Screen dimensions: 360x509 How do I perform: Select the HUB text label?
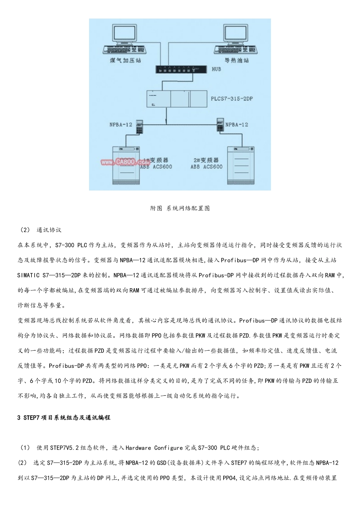[216, 69]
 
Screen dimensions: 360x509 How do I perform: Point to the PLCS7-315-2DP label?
[232, 99]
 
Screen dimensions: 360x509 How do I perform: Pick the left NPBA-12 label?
[121, 125]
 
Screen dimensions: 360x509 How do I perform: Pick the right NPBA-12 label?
[236, 125]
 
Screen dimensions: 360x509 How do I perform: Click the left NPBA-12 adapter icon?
[139, 126]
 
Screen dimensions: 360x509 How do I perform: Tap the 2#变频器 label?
[206, 160]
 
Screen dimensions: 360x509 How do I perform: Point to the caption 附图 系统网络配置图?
[180, 208]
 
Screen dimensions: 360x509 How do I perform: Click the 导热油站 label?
[236, 60]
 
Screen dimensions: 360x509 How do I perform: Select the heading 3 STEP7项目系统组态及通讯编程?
[64, 418]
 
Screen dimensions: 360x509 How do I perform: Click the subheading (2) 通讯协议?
[41, 230]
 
